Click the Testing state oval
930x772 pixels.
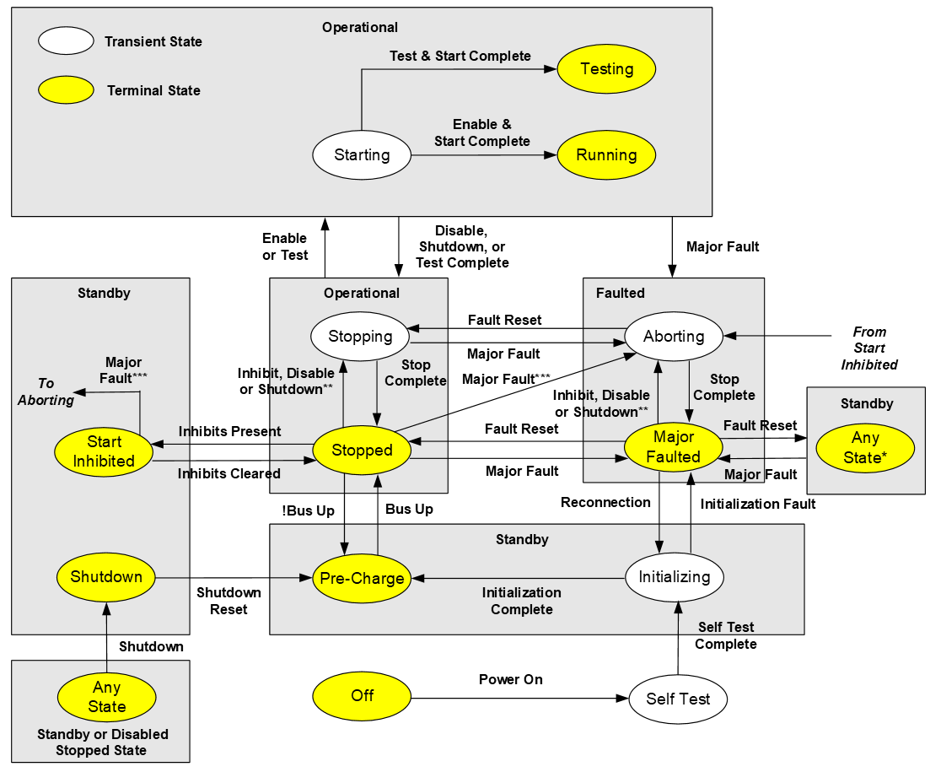click(x=606, y=68)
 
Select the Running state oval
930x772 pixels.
click(x=606, y=155)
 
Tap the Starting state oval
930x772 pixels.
click(x=362, y=155)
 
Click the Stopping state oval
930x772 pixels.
click(x=360, y=336)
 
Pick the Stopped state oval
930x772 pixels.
click(x=362, y=450)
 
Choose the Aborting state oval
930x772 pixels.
click(x=674, y=336)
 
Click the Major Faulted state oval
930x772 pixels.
click(x=673, y=447)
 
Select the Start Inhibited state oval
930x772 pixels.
click(x=104, y=451)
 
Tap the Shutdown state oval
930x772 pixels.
click(x=106, y=577)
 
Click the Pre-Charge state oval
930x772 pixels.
click(x=363, y=579)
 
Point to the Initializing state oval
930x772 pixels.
click(x=675, y=577)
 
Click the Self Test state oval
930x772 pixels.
click(x=678, y=699)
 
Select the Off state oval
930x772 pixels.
click(x=362, y=695)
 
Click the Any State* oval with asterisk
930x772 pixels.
click(x=865, y=448)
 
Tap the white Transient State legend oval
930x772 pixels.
click(x=66, y=40)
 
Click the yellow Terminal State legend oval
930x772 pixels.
click(x=66, y=89)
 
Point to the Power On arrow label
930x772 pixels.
click(x=511, y=679)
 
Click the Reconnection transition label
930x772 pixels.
click(x=605, y=502)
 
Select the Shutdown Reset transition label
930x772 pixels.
click(x=228, y=600)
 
